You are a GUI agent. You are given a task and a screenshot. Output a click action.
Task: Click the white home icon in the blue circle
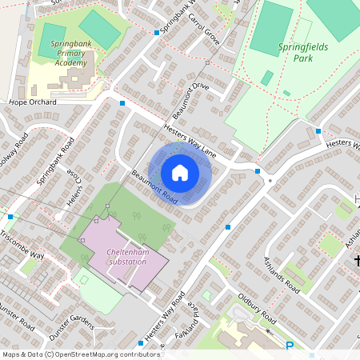point(180,173)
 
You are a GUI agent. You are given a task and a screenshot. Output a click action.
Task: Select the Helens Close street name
point(77,185)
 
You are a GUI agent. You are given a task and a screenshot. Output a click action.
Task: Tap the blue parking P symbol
point(290,346)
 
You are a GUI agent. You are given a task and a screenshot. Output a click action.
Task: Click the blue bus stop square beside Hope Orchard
point(122,103)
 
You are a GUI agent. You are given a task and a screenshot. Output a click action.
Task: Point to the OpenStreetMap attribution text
point(70,354)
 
